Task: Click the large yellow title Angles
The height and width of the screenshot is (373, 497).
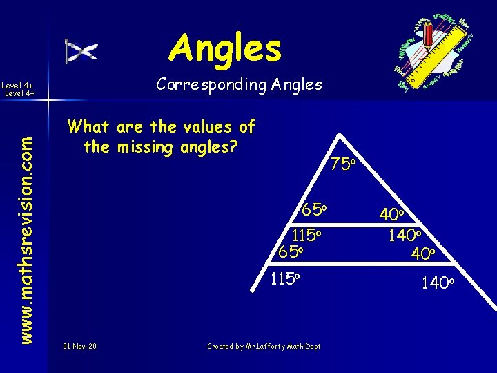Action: [226, 48]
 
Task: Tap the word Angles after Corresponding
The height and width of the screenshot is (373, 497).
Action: [297, 85]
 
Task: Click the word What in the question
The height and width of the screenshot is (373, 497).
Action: [89, 127]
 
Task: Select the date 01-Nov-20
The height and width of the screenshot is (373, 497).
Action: [79, 345]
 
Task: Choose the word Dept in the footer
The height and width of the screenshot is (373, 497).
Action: [313, 345]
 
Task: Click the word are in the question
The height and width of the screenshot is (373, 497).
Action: [130, 127]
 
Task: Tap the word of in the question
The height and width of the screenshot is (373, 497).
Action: [246, 127]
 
